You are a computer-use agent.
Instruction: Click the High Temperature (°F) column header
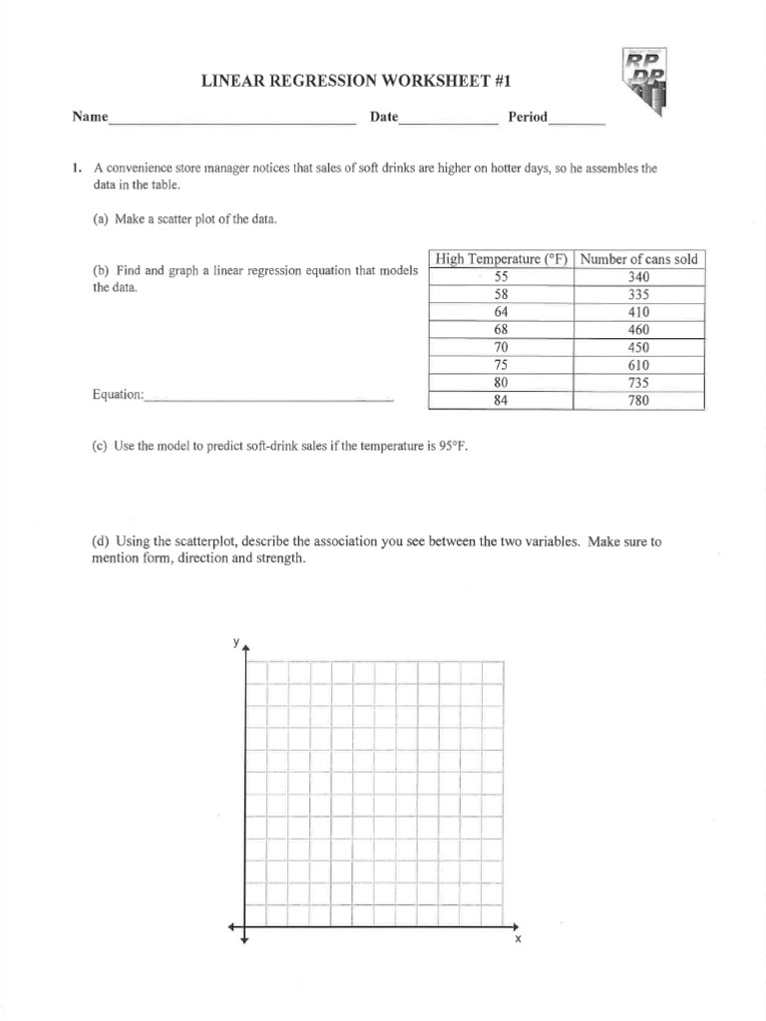pos(501,259)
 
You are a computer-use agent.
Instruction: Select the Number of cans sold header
pos(639,259)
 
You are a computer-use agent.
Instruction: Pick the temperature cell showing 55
pos(501,277)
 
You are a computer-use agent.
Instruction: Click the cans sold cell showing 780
pos(639,401)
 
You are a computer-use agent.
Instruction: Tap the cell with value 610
pos(639,365)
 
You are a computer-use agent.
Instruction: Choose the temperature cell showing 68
pos(501,330)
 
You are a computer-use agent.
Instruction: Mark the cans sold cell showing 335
pos(639,295)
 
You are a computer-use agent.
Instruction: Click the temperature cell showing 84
pos(501,401)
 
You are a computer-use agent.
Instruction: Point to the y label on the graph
pos(236,642)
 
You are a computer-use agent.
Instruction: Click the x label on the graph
pos(518,940)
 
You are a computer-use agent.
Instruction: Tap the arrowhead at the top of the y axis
pos(245,649)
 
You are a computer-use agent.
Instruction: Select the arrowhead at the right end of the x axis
pos(509,927)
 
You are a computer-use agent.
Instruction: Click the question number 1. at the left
pos(77,169)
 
